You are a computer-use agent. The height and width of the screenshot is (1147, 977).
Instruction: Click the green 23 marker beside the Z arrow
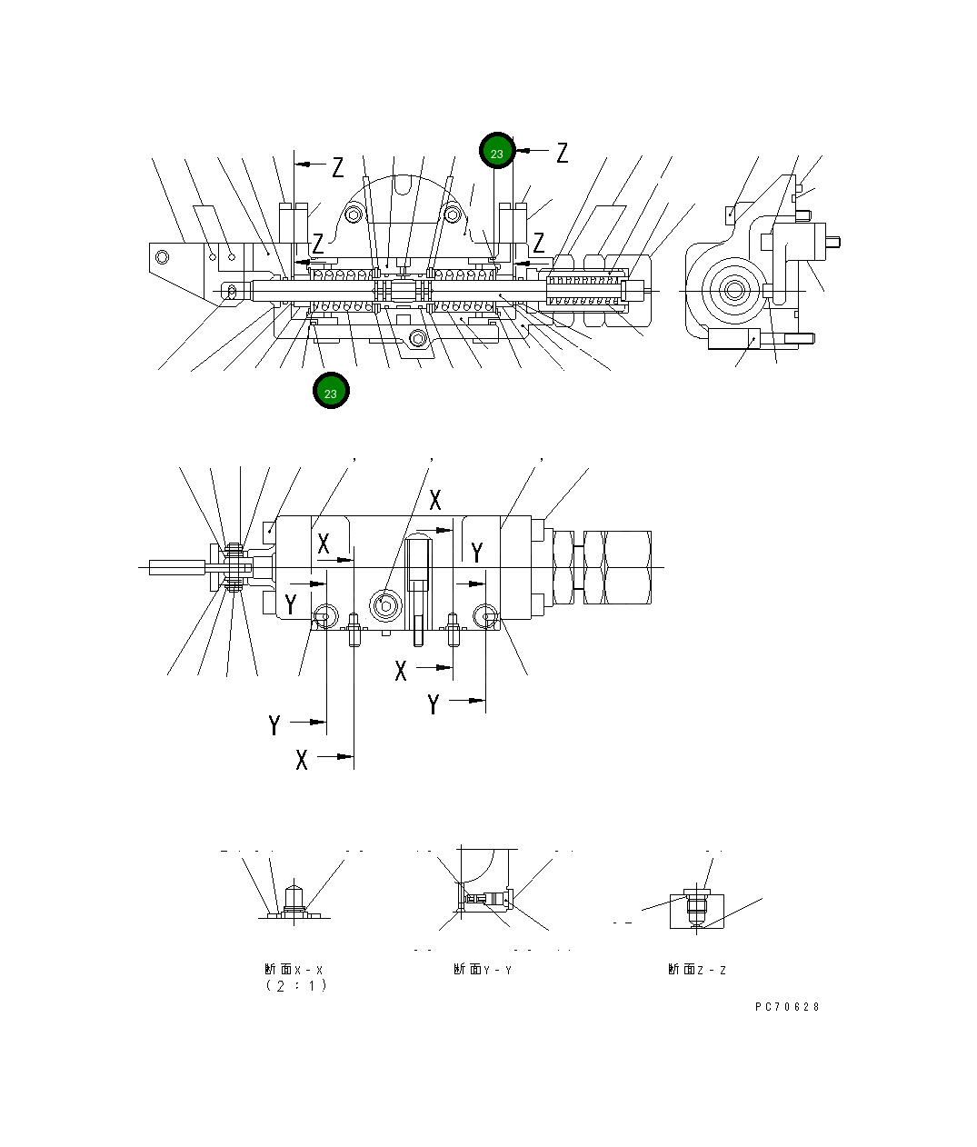(x=497, y=153)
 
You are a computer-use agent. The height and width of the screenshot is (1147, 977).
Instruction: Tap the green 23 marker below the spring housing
(x=331, y=392)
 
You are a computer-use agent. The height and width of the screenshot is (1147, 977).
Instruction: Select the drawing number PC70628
(x=787, y=1006)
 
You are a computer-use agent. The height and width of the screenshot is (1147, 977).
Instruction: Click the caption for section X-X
(x=294, y=970)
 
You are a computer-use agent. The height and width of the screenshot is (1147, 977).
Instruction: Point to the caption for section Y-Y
(x=483, y=970)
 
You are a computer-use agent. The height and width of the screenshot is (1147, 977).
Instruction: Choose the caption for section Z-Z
(x=697, y=970)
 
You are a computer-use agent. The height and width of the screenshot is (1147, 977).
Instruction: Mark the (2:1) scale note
(x=296, y=986)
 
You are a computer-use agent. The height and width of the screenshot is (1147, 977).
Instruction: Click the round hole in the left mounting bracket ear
(x=163, y=256)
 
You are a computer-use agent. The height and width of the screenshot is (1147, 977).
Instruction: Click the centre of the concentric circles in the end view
(x=733, y=291)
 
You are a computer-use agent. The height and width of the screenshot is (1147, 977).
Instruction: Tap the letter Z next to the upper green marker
(x=562, y=153)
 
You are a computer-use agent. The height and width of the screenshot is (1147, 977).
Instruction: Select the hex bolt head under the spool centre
(x=418, y=339)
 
